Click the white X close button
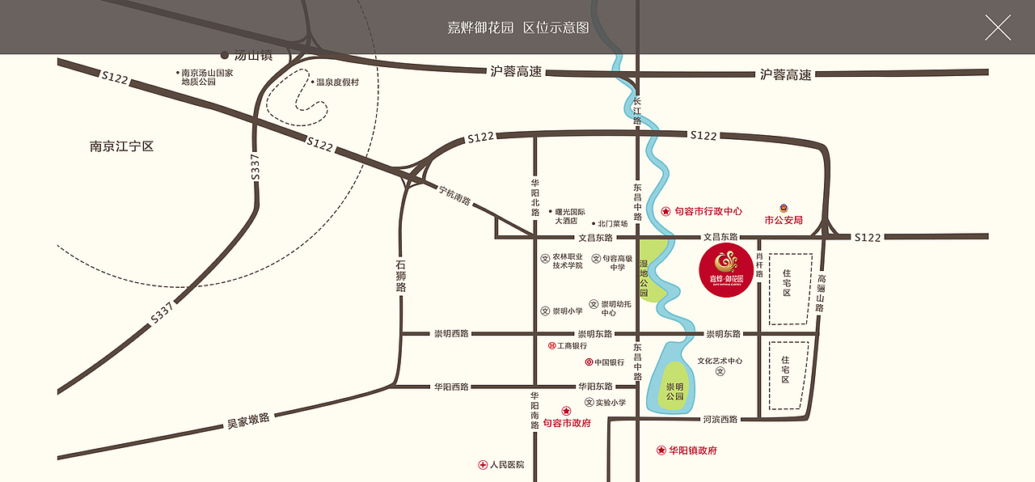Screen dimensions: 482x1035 (x=998, y=27)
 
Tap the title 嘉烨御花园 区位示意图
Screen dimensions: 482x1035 (x=517, y=27)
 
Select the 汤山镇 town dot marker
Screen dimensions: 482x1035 (x=225, y=56)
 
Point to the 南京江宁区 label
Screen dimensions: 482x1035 (x=121, y=146)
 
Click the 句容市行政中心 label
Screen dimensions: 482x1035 (x=708, y=211)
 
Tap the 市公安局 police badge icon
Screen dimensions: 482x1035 (x=783, y=207)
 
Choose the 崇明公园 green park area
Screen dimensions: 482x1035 (x=674, y=387)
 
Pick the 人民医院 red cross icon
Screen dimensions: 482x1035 (x=483, y=465)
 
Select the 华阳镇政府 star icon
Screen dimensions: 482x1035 (x=661, y=450)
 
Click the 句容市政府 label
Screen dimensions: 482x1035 (x=566, y=423)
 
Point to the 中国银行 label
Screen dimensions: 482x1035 (x=609, y=362)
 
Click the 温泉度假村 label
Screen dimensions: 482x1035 (x=337, y=82)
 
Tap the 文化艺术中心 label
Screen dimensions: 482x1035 (x=720, y=361)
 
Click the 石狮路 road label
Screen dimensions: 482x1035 (x=401, y=275)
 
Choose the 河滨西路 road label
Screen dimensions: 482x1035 (x=720, y=419)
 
